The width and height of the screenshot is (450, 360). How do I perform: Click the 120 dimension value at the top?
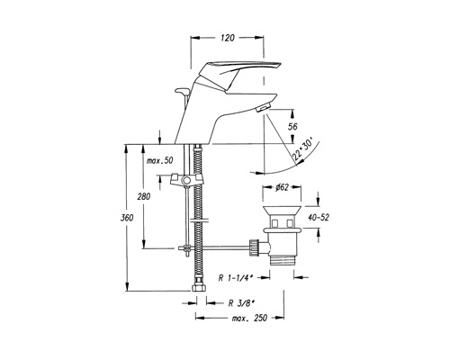coord(228,38)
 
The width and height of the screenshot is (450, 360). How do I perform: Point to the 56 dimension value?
coord(292,127)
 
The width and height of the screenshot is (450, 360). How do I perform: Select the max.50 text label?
coord(159,160)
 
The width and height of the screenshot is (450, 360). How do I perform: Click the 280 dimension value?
coord(144,197)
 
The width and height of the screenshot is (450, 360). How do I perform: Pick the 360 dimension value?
coord(127,218)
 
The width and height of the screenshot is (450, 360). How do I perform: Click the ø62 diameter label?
coord(282,187)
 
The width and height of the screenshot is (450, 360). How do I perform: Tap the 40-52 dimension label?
coord(319,217)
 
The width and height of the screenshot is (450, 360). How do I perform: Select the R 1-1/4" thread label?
coord(236,278)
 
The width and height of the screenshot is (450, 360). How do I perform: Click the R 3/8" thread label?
coord(241,303)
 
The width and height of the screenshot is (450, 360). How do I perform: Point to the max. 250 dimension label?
coord(249,318)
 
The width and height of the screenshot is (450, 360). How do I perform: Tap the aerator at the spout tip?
coord(264,108)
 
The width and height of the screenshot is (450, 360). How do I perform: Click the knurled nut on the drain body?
coord(254,247)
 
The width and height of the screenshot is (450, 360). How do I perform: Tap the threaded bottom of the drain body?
coord(282,259)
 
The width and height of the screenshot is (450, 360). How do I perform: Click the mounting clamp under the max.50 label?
coord(185,180)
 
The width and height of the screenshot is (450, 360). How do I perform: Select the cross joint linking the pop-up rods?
coord(186,248)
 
